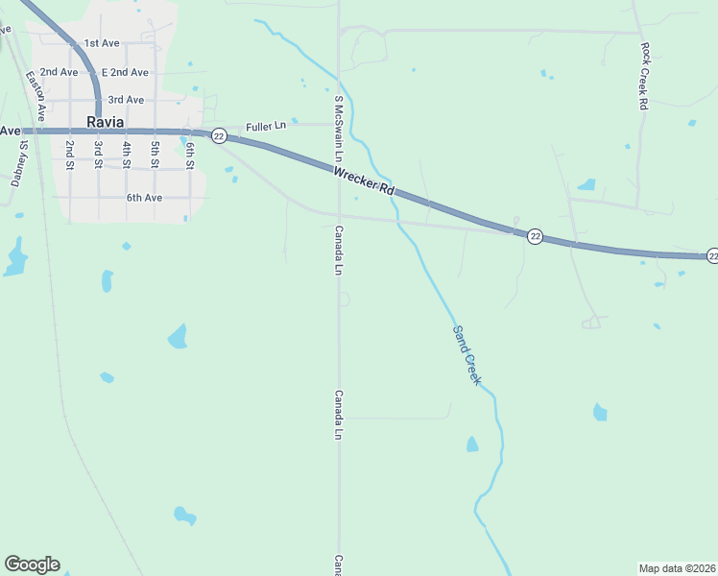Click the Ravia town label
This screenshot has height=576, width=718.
(106, 122)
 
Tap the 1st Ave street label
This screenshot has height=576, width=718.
(101, 43)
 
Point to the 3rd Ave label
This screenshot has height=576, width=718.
(126, 100)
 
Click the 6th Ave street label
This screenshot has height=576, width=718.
(144, 198)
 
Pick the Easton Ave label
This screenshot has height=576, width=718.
(34, 96)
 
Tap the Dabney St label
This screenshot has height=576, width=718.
(18, 163)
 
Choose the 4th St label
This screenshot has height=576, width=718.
(126, 156)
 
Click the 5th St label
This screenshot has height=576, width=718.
(155, 156)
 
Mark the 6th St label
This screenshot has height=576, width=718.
(191, 156)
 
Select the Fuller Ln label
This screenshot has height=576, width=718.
(266, 126)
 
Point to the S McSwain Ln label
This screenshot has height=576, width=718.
(338, 128)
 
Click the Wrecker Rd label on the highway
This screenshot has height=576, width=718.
(365, 180)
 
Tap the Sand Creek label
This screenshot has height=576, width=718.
(466, 355)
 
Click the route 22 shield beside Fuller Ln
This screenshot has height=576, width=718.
(219, 136)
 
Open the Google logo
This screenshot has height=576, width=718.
(32, 564)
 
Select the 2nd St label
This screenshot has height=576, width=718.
(70, 156)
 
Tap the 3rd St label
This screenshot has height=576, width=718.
(98, 156)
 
